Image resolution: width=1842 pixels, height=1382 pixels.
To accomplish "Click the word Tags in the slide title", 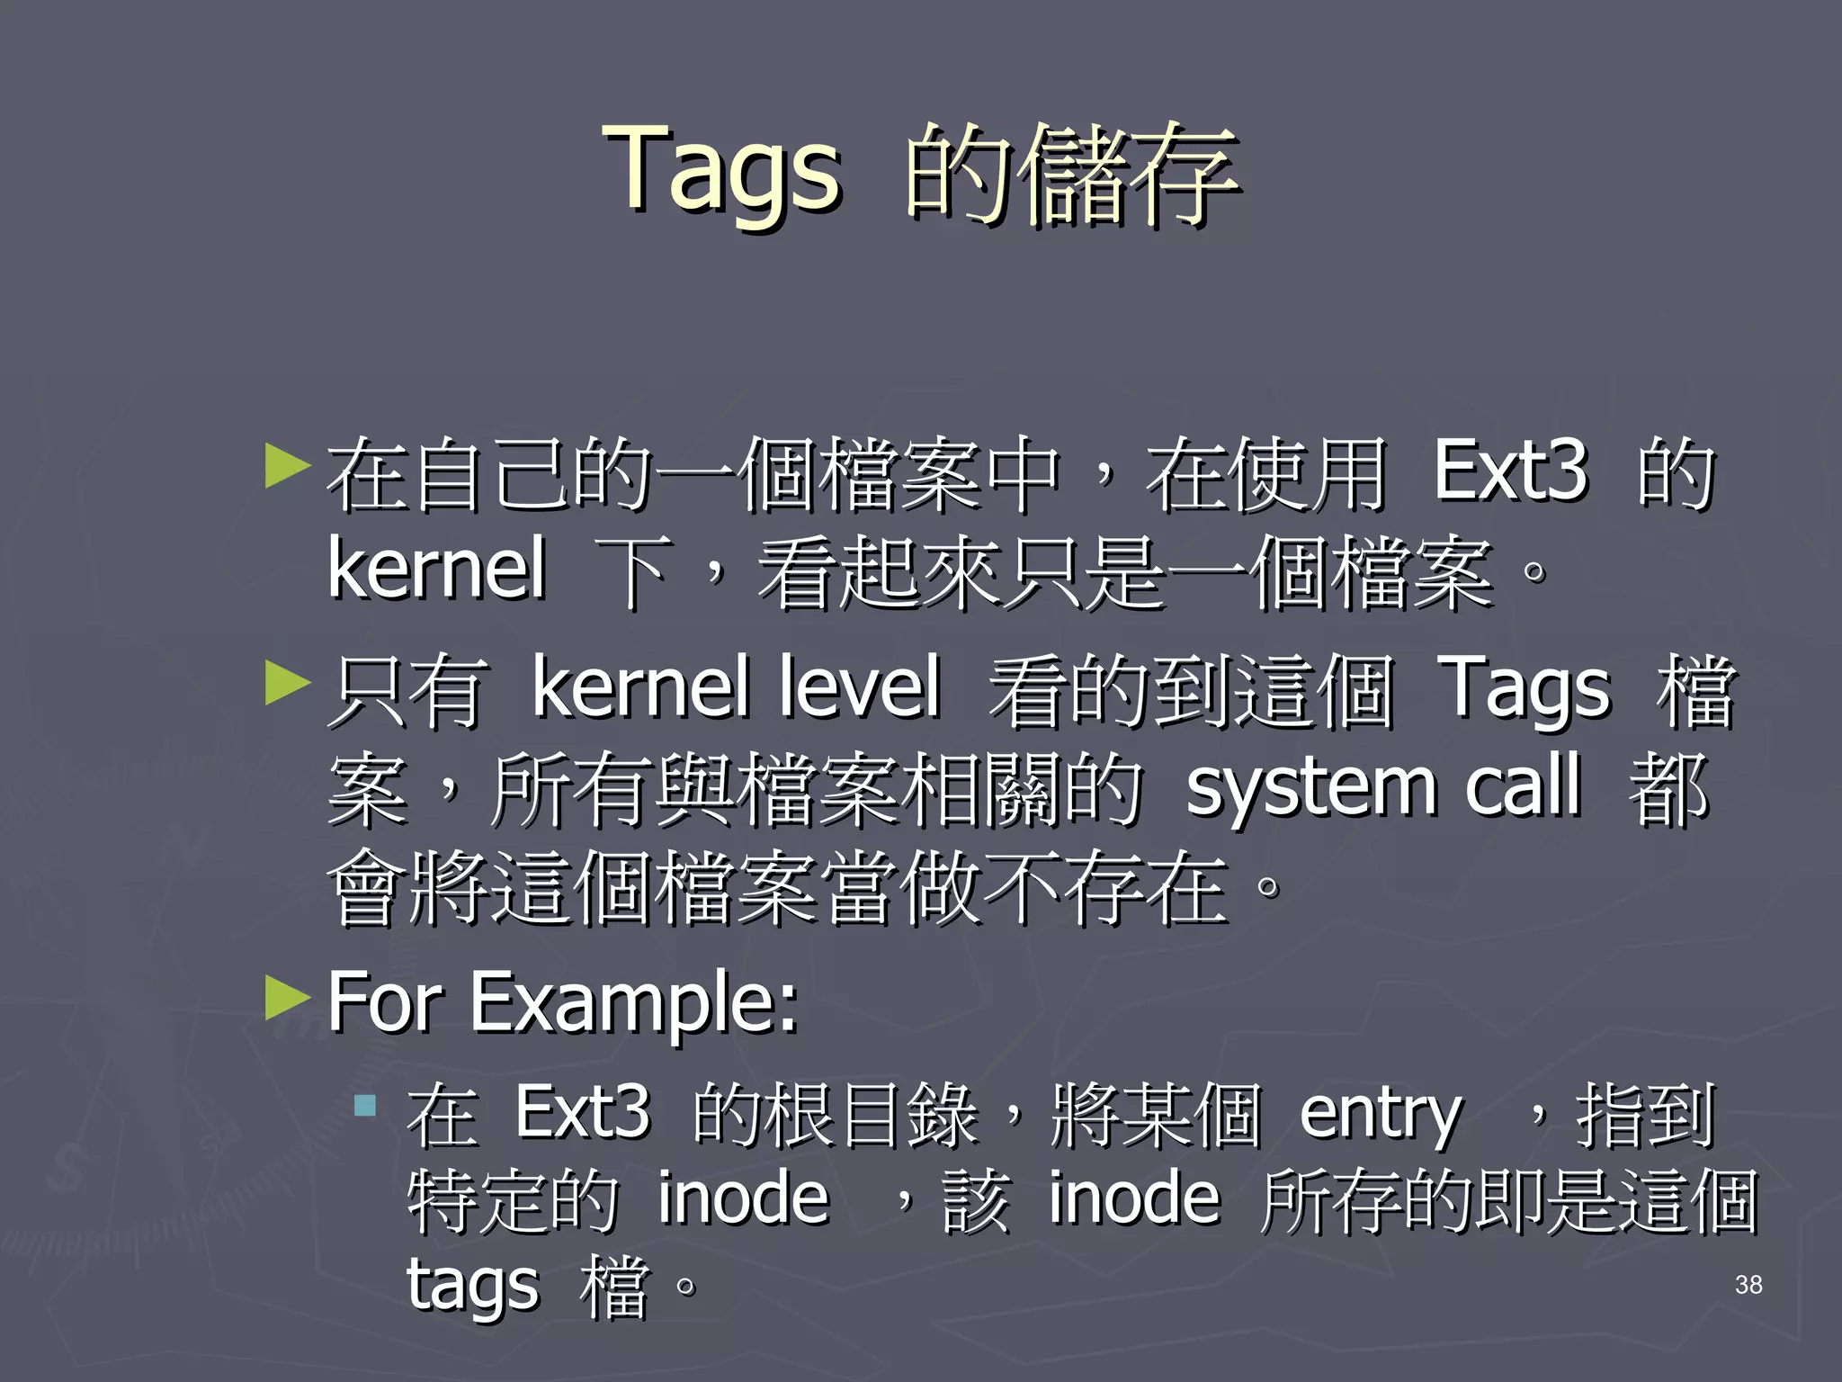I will pos(724,171).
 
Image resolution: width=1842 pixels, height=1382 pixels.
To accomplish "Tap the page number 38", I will pos(1748,1285).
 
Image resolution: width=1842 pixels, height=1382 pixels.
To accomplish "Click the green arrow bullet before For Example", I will pos(288,998).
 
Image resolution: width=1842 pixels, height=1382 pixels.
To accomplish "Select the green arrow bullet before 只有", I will pos(288,684).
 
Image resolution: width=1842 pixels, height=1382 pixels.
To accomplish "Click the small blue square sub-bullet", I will pos(364,1105).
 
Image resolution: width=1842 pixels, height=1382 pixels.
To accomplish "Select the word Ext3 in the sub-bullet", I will pos(582,1113).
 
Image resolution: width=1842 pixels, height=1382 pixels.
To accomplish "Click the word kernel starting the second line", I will pos(437,569).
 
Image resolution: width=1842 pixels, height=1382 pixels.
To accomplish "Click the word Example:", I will pos(634,1003).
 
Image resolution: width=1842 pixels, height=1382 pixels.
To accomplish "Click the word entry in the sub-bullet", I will pos(1381,1116).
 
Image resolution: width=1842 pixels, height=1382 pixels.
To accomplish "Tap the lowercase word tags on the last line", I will pos(473,1285).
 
